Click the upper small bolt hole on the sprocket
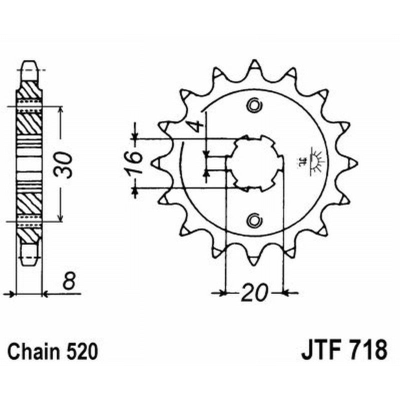coord(254,105)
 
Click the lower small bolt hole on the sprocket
coord(254,219)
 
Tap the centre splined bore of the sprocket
coord(255,162)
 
